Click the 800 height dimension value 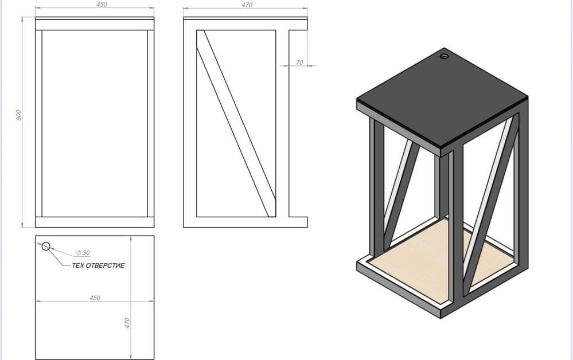pyautogui.click(x=19, y=115)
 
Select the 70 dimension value pyautogui.click(x=299, y=62)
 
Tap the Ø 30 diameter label pyautogui.click(x=83, y=253)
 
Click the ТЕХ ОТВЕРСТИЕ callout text pyautogui.click(x=98, y=265)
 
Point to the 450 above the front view pyautogui.click(x=102, y=5)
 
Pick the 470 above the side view pyautogui.click(x=247, y=5)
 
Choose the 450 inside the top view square pyautogui.click(x=95, y=298)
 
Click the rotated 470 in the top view pyautogui.click(x=127, y=323)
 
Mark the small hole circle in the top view pyautogui.click(x=46, y=246)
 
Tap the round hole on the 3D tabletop pyautogui.click(x=445, y=56)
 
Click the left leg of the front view pyautogui.click(x=39, y=123)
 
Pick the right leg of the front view pyautogui.click(x=151, y=123)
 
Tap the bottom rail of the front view pyautogui.click(x=95, y=222)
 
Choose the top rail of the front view pyautogui.click(x=95, y=25)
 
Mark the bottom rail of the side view pyautogui.click(x=245, y=222)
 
